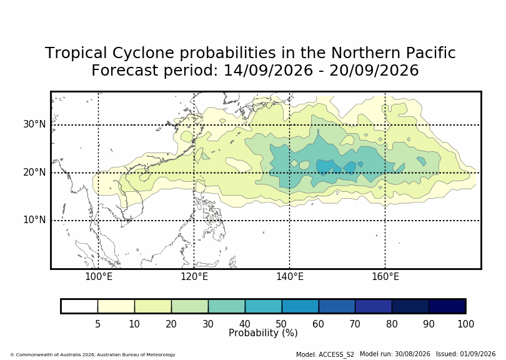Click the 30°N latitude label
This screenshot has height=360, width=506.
click(x=34, y=124)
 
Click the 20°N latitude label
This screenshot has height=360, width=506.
click(x=34, y=172)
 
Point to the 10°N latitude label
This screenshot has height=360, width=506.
click(x=34, y=220)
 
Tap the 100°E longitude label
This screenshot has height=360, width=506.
click(x=99, y=277)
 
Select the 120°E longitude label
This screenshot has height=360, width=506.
click(x=194, y=277)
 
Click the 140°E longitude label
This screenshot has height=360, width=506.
click(x=290, y=277)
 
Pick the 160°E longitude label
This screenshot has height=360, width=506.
click(x=385, y=277)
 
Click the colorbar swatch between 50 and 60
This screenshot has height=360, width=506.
click(x=300, y=306)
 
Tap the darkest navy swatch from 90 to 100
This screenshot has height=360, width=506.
click(x=447, y=306)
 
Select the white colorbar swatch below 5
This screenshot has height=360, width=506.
click(x=80, y=306)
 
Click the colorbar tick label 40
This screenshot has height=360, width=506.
click(x=245, y=324)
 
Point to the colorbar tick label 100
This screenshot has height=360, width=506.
click(x=465, y=324)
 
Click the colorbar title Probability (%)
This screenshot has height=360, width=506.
click(x=263, y=333)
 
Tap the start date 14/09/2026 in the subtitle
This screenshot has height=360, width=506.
click(x=268, y=70)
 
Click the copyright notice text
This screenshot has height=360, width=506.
click(x=93, y=354)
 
